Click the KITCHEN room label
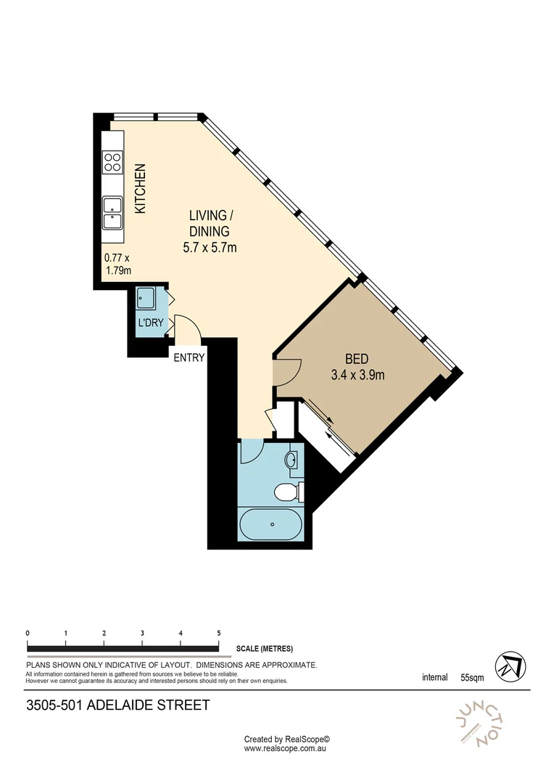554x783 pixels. [141, 188]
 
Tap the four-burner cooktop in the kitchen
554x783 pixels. [112, 161]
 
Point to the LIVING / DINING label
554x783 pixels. [210, 223]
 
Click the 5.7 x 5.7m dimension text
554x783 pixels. [210, 248]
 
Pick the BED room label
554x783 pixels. [356, 359]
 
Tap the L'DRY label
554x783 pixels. [150, 323]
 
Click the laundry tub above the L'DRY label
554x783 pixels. [145, 297]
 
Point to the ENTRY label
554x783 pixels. [189, 357]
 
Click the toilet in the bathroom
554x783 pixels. [287, 493]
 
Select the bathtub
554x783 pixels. [270, 523]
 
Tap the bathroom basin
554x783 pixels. [292, 459]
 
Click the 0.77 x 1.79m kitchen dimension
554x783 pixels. [117, 264]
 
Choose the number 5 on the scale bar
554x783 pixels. [218, 633]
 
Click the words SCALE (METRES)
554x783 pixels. [265, 649]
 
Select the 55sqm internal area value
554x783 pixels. [471, 679]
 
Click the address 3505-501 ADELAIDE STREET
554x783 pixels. [117, 705]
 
